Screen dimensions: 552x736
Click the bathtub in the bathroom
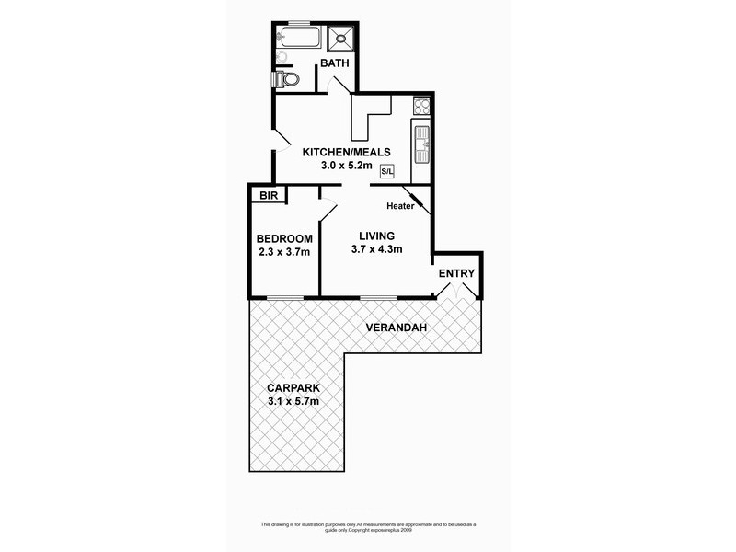(299, 38)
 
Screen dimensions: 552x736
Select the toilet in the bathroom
(288, 80)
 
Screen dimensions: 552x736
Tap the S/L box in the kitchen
(386, 171)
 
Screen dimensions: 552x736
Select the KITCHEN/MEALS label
(347, 152)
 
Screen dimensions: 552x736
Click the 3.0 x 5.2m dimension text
(347, 167)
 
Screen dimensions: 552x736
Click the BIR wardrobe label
(268, 195)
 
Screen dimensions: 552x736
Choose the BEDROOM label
(283, 239)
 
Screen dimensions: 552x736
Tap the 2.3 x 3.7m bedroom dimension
(283, 253)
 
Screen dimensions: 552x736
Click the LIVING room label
(377, 235)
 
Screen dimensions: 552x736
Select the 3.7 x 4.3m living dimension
(377, 249)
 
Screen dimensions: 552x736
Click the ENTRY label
(456, 273)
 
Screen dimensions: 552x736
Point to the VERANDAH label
(395, 328)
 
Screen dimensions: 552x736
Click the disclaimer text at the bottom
(367, 527)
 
